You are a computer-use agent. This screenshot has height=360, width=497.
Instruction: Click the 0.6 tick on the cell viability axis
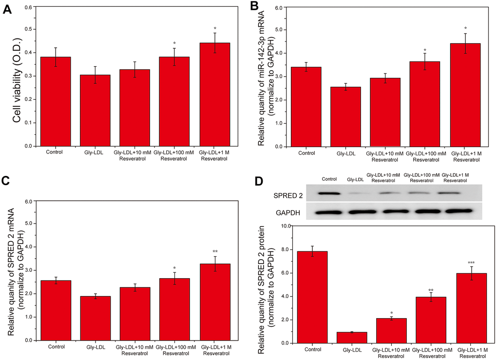31,8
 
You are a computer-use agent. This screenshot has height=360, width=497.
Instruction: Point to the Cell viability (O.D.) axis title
18,77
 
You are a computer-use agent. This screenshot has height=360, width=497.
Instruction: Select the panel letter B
253,7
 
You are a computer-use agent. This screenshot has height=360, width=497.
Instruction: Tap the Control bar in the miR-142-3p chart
307,107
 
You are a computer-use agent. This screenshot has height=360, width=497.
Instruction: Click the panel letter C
7,182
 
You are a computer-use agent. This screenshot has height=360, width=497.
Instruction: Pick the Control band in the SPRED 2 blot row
329,193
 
